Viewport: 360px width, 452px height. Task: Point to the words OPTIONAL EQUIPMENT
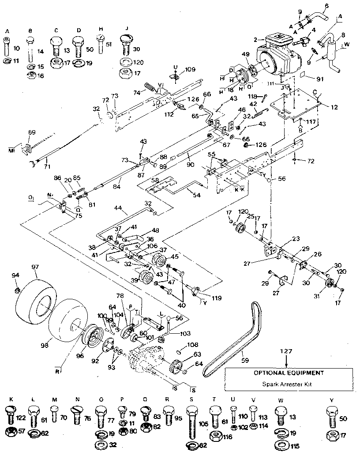click(x=288, y=372)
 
